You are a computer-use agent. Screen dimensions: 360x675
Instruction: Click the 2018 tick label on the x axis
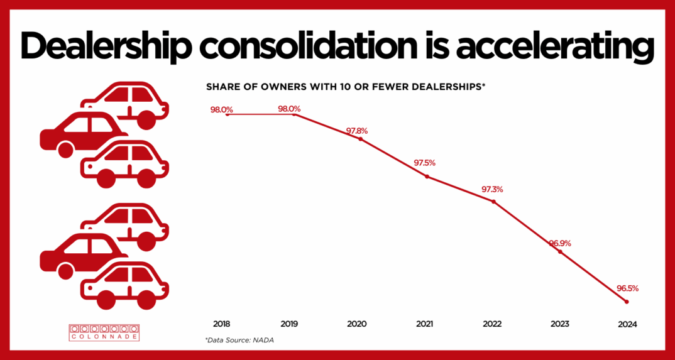(x=222, y=324)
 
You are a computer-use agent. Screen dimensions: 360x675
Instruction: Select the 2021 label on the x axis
(x=425, y=324)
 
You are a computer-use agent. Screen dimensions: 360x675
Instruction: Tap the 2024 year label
(x=627, y=325)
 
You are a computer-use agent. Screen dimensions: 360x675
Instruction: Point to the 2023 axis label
(x=559, y=324)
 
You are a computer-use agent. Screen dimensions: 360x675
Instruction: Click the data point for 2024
(x=627, y=302)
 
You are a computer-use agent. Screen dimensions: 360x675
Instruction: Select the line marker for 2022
(x=493, y=202)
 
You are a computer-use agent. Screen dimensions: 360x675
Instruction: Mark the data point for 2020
(x=360, y=139)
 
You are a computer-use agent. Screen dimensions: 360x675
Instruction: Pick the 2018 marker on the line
(x=227, y=114)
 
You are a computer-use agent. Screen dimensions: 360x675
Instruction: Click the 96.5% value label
(x=627, y=288)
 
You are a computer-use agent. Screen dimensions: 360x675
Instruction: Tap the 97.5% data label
(x=424, y=163)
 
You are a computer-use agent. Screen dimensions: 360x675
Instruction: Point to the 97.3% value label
(x=492, y=189)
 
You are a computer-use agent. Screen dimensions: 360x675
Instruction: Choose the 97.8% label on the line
(x=356, y=131)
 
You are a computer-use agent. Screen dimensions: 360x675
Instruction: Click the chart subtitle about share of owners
(x=346, y=86)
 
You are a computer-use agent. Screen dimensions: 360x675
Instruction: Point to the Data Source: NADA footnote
(x=239, y=340)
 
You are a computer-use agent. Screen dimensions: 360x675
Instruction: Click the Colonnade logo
(x=104, y=332)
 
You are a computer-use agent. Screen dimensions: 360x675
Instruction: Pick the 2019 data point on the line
(x=294, y=114)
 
